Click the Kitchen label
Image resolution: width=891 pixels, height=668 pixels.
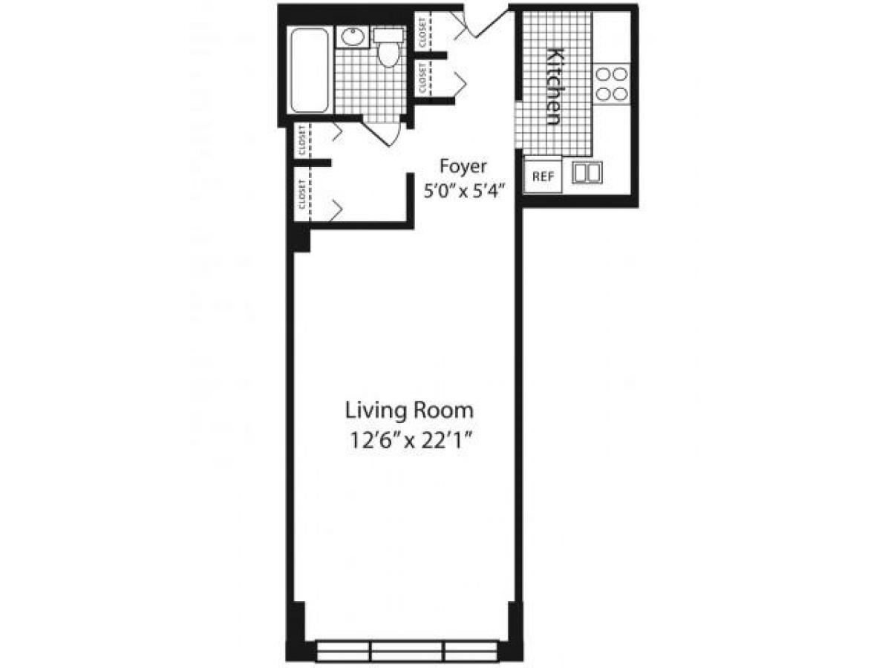(554, 86)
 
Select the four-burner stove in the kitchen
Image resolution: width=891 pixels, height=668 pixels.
(612, 84)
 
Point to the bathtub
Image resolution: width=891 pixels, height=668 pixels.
(310, 71)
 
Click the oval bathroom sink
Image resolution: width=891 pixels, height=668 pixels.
(351, 37)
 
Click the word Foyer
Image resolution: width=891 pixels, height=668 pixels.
(463, 165)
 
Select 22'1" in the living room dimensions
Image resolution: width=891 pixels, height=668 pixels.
(449, 440)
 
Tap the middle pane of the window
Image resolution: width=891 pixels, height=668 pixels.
(407, 650)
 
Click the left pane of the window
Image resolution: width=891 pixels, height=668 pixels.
(342, 650)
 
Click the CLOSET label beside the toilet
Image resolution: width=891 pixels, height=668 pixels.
(422, 33)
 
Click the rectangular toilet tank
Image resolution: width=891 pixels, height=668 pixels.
(388, 35)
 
